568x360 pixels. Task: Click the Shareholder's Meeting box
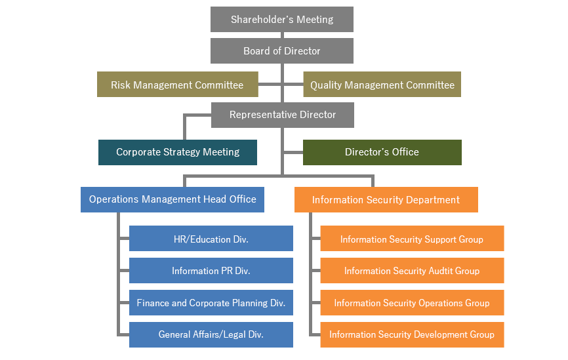pos(282,19)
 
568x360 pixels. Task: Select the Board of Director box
pos(282,50)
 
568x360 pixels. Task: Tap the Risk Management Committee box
pos(178,85)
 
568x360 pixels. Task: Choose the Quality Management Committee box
pos(382,85)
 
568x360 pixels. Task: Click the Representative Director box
pos(283,115)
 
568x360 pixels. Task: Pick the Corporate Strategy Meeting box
pos(178,153)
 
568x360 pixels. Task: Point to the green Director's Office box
pos(382,153)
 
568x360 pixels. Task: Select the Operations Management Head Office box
pos(172,199)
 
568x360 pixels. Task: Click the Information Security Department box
pos(386,199)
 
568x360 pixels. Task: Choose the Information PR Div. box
pos(211,271)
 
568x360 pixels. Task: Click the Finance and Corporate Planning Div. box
pos(211,302)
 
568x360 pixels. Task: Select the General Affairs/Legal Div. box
pos(211,334)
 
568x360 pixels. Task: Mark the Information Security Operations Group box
pos(413,302)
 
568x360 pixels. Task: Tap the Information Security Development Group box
pos(413,334)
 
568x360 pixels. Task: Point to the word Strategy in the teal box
pos(182,152)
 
